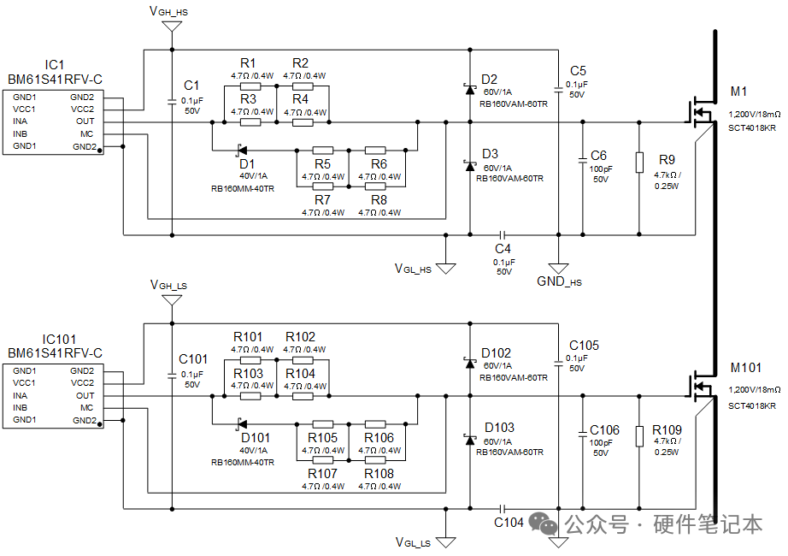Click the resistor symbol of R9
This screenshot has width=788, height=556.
(x=639, y=163)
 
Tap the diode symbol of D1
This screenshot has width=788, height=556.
(x=242, y=150)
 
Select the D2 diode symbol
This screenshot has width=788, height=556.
(x=470, y=89)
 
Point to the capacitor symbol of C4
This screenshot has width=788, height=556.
(x=502, y=234)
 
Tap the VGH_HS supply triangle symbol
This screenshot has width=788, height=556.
(x=172, y=27)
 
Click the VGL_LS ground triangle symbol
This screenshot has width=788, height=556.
(x=446, y=542)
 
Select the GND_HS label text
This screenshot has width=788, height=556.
(x=559, y=281)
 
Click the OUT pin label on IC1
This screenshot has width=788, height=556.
(x=85, y=121)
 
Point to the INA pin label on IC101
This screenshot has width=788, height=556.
(x=21, y=395)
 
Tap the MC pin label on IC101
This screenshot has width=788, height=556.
(x=86, y=407)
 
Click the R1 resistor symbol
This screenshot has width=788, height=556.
(x=250, y=86)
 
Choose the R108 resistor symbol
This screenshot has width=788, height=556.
(x=375, y=460)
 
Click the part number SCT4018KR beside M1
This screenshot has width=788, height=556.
(x=752, y=127)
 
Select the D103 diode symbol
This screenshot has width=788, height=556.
(x=470, y=440)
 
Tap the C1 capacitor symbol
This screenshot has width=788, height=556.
(x=172, y=102)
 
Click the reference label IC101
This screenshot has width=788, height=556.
(x=59, y=339)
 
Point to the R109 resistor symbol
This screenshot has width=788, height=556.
(x=639, y=436)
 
